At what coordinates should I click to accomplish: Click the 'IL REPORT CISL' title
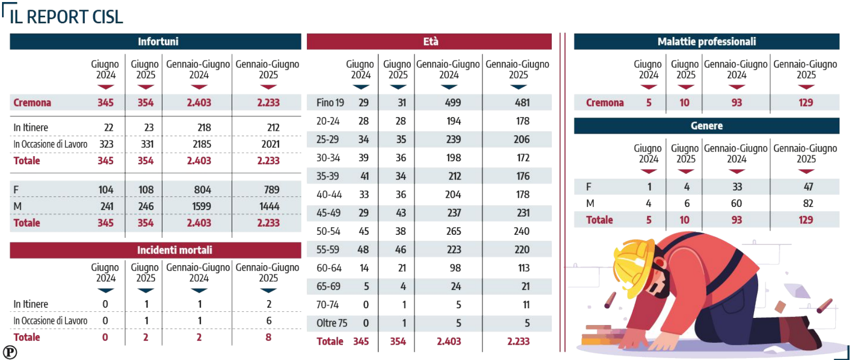point(66,17)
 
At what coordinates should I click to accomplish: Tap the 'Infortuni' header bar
point(156,42)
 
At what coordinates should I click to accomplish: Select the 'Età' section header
point(429,42)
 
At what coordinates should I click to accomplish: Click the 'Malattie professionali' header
point(706,42)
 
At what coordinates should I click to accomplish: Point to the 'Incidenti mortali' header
point(156,250)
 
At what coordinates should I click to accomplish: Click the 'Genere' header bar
point(706,126)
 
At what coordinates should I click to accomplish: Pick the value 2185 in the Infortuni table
point(199,144)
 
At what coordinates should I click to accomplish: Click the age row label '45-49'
point(328,213)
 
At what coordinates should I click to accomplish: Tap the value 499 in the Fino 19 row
point(453,102)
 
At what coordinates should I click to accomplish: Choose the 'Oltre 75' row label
point(332,323)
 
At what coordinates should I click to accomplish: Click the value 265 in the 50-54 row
point(453,231)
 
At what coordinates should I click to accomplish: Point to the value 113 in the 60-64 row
point(524,268)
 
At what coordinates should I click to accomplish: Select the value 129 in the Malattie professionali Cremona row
point(805,102)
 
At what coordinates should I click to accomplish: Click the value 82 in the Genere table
point(808,203)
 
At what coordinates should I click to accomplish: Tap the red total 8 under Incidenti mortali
point(268,337)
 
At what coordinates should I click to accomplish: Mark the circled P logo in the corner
point(10,352)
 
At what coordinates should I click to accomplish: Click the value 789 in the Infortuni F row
point(271,190)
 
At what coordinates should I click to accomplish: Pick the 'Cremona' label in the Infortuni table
point(32,102)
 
